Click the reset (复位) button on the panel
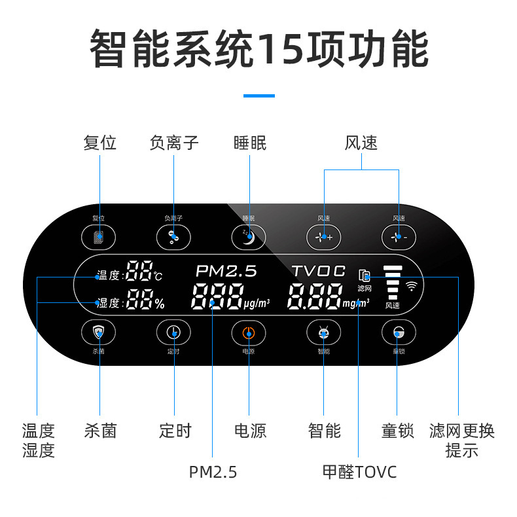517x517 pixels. pyautogui.click(x=99, y=236)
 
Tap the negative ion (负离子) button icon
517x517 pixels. pyautogui.click(x=173, y=236)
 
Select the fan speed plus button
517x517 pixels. pyautogui.click(x=324, y=236)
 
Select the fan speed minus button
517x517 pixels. pyautogui.click(x=399, y=236)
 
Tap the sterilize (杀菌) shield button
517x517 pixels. pyautogui.click(x=99, y=332)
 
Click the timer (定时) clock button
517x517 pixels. pyautogui.click(x=173, y=332)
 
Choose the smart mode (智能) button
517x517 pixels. pyautogui.click(x=323, y=332)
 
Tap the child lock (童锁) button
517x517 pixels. pyautogui.click(x=398, y=332)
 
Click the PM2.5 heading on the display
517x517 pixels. pyautogui.click(x=226, y=270)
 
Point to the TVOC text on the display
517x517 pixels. pyautogui.click(x=318, y=270)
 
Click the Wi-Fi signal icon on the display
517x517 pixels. pyautogui.click(x=412, y=285)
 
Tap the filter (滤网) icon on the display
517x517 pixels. pyautogui.click(x=365, y=276)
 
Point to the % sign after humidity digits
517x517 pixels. pyautogui.click(x=159, y=303)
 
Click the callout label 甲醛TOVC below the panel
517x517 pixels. pyautogui.click(x=359, y=472)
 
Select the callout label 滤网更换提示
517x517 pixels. pyautogui.click(x=461, y=440)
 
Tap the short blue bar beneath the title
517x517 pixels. pyautogui.click(x=258, y=96)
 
